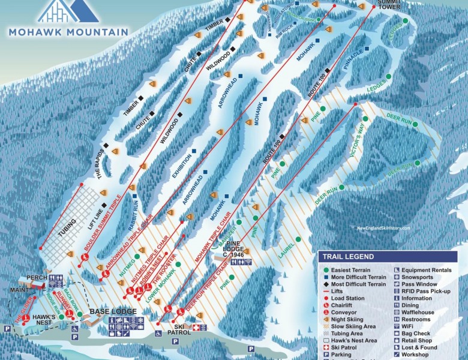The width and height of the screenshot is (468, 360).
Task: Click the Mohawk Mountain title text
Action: [68, 32]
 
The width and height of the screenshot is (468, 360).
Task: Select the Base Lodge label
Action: [113, 312]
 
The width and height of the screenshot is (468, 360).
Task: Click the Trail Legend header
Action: [348, 257]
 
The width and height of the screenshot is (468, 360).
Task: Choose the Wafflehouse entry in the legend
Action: [418, 313]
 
